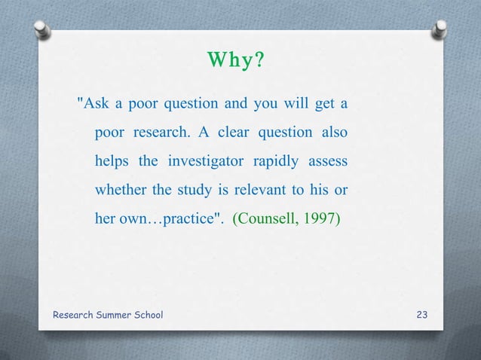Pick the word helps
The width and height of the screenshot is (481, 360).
pos(112,161)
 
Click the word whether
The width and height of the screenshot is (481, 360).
pos(118,190)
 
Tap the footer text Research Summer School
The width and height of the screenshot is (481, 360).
pos(107,313)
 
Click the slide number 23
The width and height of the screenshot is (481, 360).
pos(422,313)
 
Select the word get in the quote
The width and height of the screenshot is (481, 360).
pos(322,102)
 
